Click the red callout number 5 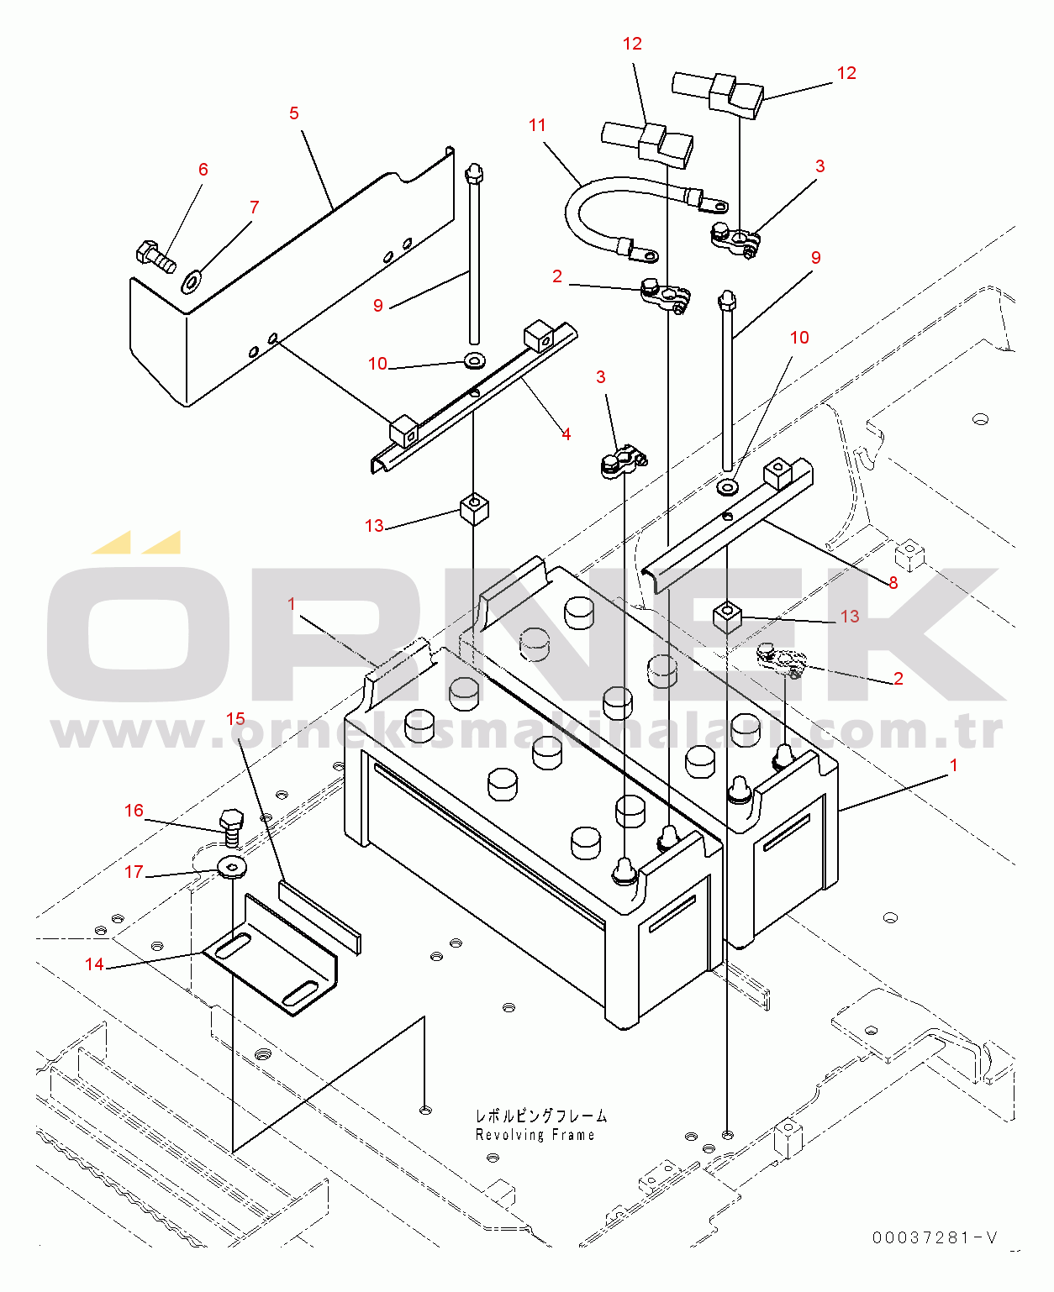click(x=294, y=113)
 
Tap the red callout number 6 click(x=203, y=170)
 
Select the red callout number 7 click(x=255, y=207)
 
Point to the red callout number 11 click(x=537, y=125)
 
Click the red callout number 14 click(x=94, y=964)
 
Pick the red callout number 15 click(x=235, y=718)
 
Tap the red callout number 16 click(x=134, y=811)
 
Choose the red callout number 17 click(x=134, y=872)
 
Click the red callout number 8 click(x=893, y=583)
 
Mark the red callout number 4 click(x=566, y=434)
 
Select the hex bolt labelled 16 click(x=232, y=827)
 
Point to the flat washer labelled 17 click(x=232, y=866)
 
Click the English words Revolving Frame click(x=535, y=1135)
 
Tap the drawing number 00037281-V click(x=935, y=1237)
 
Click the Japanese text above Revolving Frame click(x=541, y=1116)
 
